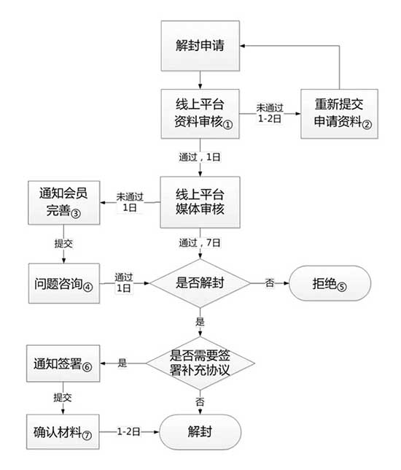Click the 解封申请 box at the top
(x=200, y=45)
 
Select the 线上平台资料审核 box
(x=200, y=114)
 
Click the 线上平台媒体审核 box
(x=200, y=201)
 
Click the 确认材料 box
(x=62, y=431)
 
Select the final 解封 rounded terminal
(x=200, y=431)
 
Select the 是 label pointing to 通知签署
(x=122, y=363)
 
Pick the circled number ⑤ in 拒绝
(x=343, y=286)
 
